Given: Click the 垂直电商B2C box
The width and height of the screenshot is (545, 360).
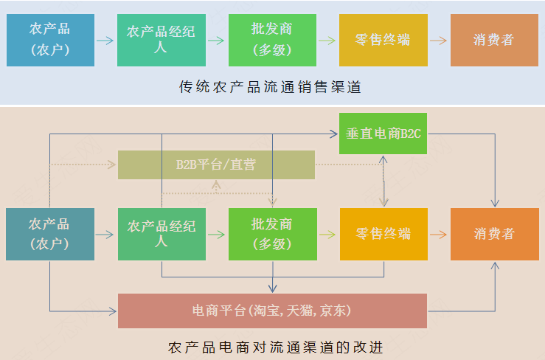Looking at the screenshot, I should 383,134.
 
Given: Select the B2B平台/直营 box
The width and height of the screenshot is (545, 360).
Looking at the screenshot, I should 216,165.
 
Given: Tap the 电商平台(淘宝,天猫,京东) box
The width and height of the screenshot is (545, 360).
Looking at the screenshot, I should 272,311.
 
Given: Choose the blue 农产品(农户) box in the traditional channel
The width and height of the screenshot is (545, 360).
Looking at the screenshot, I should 50,40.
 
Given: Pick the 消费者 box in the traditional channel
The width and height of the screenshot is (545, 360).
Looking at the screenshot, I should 493,40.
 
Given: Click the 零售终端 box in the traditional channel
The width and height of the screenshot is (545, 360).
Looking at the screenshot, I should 383,40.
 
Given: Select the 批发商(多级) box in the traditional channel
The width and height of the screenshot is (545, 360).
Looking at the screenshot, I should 272,40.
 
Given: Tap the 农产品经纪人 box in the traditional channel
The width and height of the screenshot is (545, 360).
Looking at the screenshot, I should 162,40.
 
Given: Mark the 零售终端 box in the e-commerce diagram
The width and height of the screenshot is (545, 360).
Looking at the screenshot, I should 383,234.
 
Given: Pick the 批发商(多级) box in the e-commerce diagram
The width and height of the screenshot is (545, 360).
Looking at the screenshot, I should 272,234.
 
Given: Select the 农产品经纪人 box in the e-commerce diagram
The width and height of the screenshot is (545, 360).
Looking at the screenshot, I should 162,234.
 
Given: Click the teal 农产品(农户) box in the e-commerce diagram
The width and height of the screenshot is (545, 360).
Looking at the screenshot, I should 50,234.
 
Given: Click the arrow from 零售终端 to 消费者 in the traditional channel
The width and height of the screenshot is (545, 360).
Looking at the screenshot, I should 438,40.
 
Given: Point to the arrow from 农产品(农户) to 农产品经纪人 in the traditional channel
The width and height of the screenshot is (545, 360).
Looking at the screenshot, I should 105,40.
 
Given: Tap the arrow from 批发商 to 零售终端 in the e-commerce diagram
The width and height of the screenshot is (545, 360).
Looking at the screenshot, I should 327,235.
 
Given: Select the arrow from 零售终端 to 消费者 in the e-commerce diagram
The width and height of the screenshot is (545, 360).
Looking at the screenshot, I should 438,235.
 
